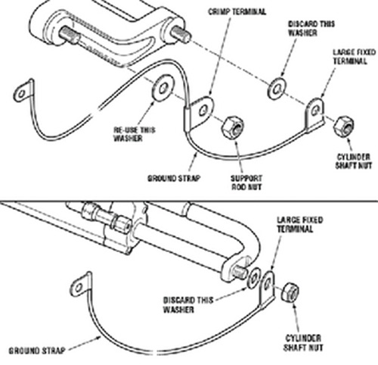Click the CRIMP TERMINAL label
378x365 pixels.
point(237,11)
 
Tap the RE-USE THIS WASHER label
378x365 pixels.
point(135,134)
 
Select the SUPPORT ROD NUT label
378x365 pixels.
point(246,182)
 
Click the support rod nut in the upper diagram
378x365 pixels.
point(233,127)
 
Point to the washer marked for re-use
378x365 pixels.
point(163,88)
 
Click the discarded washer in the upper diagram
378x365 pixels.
point(277,89)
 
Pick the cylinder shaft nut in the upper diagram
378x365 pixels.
point(344,126)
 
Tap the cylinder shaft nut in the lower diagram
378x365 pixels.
point(290,292)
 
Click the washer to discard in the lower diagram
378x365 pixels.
point(254,278)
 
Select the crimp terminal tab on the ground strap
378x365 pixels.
point(199,112)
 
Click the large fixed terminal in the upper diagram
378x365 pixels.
point(314,114)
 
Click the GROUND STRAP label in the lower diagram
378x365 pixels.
point(37,351)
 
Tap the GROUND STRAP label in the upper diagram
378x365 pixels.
point(174,178)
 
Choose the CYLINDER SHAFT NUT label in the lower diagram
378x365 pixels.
point(303,343)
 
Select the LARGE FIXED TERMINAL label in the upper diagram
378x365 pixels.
point(354,57)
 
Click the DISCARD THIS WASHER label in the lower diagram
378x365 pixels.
point(188,304)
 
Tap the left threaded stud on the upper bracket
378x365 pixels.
point(70,36)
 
